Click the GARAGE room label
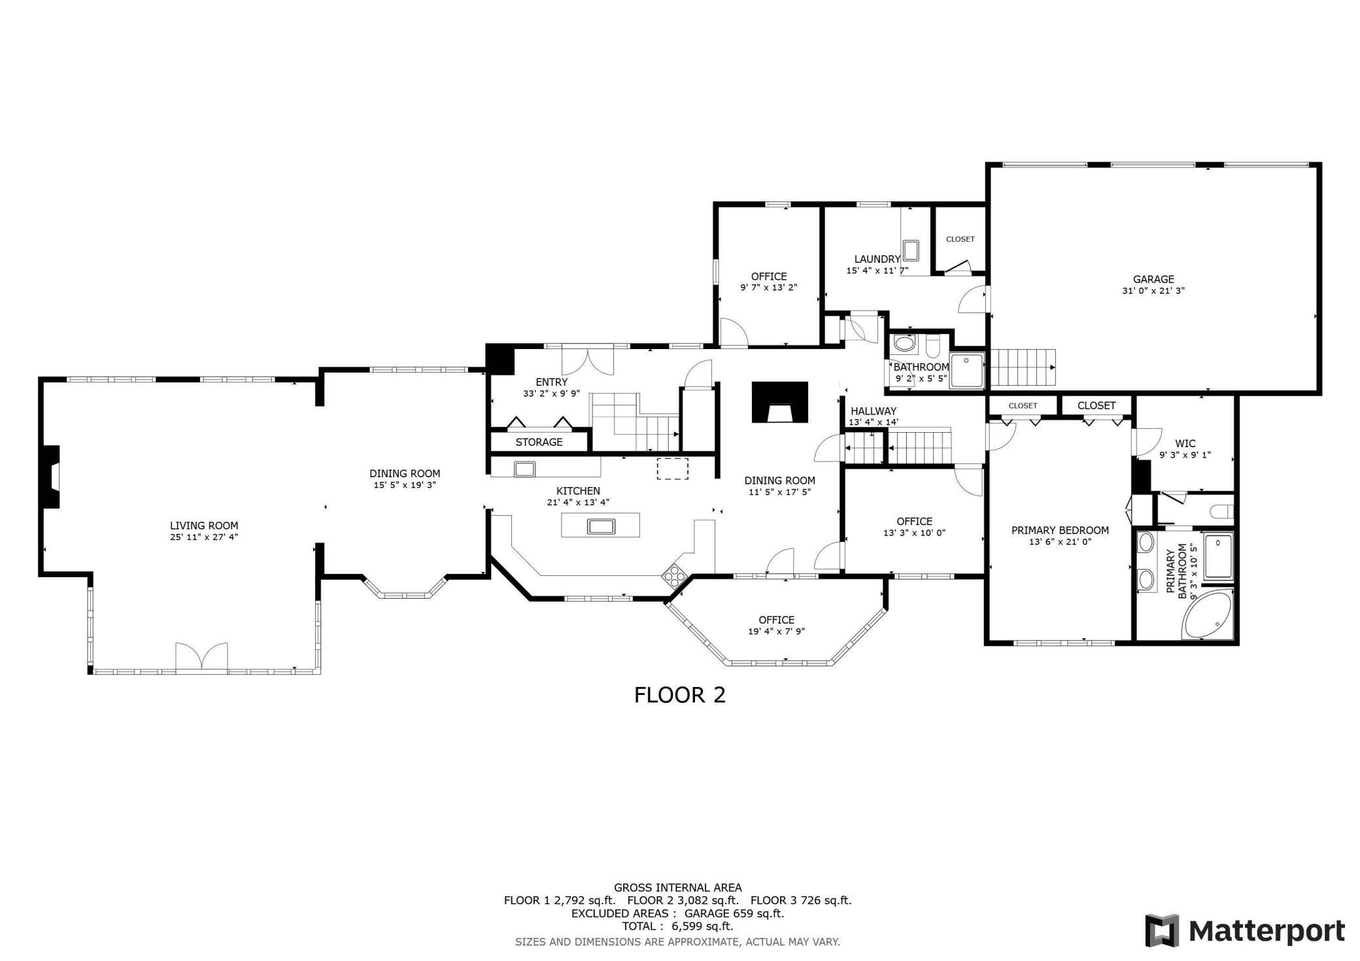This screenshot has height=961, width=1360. pos(1153,279)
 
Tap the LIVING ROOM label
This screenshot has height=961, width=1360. pos(204,526)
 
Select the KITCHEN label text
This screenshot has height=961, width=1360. pos(578,491)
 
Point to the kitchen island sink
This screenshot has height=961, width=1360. pos(600,526)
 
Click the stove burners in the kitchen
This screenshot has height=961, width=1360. pos(673,576)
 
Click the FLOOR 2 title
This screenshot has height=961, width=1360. pos(680,695)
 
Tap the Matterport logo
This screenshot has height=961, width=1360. pos(1245,930)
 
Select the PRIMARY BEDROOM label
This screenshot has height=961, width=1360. pos(1060,530)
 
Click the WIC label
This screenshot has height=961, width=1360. pos(1185,444)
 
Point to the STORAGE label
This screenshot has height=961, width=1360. pos(539,443)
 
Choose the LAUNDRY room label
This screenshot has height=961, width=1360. pos(877,259)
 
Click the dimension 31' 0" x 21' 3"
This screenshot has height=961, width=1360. pos(1153,291)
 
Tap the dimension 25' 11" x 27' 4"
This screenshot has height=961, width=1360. pos(204,537)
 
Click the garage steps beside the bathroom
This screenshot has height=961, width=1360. pos(1023,368)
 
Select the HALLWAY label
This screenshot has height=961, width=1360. pos(873,411)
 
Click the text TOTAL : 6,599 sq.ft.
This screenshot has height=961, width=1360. pos(677,926)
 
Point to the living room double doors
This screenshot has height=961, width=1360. pos(201,656)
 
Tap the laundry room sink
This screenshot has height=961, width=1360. pos(911,250)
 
